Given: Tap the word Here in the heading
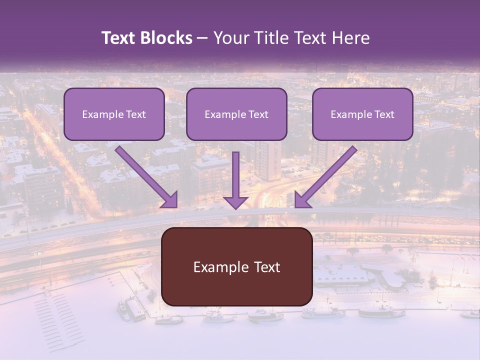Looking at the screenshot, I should tap(349, 38).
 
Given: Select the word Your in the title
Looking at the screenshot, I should tap(229, 38).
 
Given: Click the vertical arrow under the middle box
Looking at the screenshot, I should tap(235, 175).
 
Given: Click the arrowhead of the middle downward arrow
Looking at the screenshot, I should tap(235, 202).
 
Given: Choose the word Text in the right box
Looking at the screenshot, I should tap(383, 114).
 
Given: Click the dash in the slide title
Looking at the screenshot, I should tap(202, 38).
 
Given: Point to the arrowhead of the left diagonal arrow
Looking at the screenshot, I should tap(170, 200).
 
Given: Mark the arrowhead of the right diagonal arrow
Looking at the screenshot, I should tap(301, 200).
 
